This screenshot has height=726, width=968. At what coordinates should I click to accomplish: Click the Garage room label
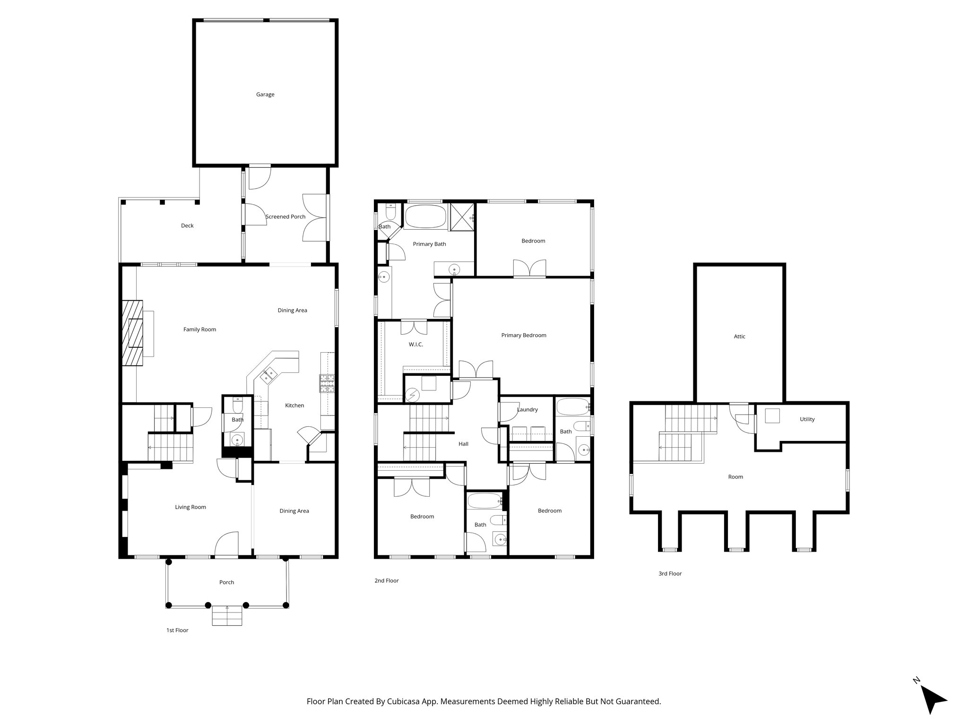[265, 95]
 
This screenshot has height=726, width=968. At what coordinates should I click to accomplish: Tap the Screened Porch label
[285, 217]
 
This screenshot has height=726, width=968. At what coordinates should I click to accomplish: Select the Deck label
[187, 225]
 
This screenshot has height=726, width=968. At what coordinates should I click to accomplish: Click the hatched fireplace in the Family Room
[133, 333]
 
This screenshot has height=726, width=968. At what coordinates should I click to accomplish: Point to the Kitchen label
[294, 406]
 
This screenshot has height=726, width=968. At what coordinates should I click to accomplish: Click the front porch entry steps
[227, 615]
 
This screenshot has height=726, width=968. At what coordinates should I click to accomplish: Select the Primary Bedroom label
[523, 336]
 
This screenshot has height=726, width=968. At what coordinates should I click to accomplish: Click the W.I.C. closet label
[415, 345]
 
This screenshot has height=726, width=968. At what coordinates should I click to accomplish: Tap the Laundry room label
[527, 410]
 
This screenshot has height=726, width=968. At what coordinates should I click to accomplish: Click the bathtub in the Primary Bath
[425, 216]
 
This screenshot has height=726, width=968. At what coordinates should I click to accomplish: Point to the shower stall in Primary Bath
[462, 216]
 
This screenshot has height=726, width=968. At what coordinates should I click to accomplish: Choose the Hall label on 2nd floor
[463, 444]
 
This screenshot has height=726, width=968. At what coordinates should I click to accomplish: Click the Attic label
[739, 337]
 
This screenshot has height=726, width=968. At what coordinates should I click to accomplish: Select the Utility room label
[807, 419]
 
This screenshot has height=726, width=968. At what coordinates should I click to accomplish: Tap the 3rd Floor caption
[670, 574]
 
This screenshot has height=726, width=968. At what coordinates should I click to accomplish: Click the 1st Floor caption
[177, 630]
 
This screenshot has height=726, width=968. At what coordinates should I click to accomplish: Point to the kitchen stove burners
[327, 383]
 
